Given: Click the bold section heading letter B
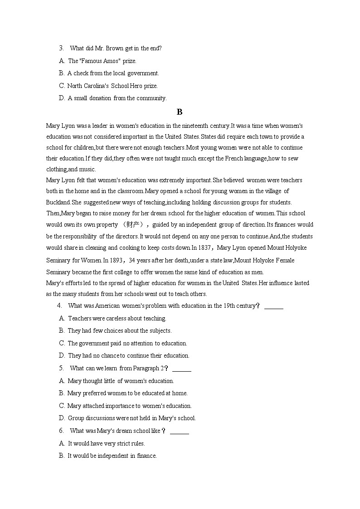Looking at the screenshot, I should (x=180, y=112).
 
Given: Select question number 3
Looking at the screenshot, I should (x=61, y=48).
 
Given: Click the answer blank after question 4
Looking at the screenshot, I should (x=273, y=306).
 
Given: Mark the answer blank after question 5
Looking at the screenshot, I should (x=181, y=368).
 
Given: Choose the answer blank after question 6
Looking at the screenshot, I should (x=179, y=431).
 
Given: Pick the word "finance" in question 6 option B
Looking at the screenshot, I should (x=146, y=456).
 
